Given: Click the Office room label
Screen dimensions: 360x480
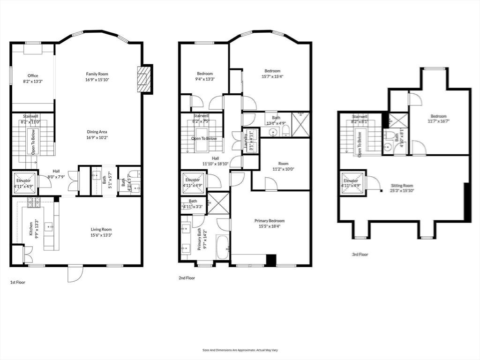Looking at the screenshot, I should point(32,75).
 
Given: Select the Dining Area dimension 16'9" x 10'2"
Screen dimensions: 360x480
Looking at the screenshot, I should point(97,138).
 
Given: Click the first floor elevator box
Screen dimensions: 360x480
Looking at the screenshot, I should point(23,182).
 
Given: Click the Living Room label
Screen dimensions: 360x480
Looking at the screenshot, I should point(101,229).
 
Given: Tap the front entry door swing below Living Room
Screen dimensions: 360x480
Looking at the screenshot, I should point(75,274).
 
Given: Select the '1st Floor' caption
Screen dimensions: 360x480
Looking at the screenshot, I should point(18,283).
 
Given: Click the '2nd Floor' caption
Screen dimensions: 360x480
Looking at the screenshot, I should point(187,278).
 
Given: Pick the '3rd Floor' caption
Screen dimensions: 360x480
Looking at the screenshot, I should point(360,255).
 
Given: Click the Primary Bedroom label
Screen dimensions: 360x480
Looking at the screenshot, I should point(270,221).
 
